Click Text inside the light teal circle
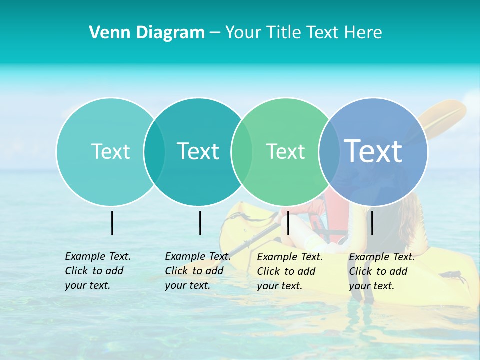coord(110,151)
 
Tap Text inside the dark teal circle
coord(198,151)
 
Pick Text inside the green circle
coord(285,151)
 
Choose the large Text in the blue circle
coord(373,151)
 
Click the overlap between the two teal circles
coord(154,152)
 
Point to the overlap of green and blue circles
coord(329,152)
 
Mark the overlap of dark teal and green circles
coord(242,152)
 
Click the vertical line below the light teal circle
coord(112,223)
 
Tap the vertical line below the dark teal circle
coord(200,223)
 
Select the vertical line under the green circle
coord(288,223)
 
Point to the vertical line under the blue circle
coord(372,223)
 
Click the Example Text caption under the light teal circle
coord(97,271)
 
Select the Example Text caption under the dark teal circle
coord(197,271)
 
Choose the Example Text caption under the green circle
coord(289,271)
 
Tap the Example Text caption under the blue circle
coord(381,271)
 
